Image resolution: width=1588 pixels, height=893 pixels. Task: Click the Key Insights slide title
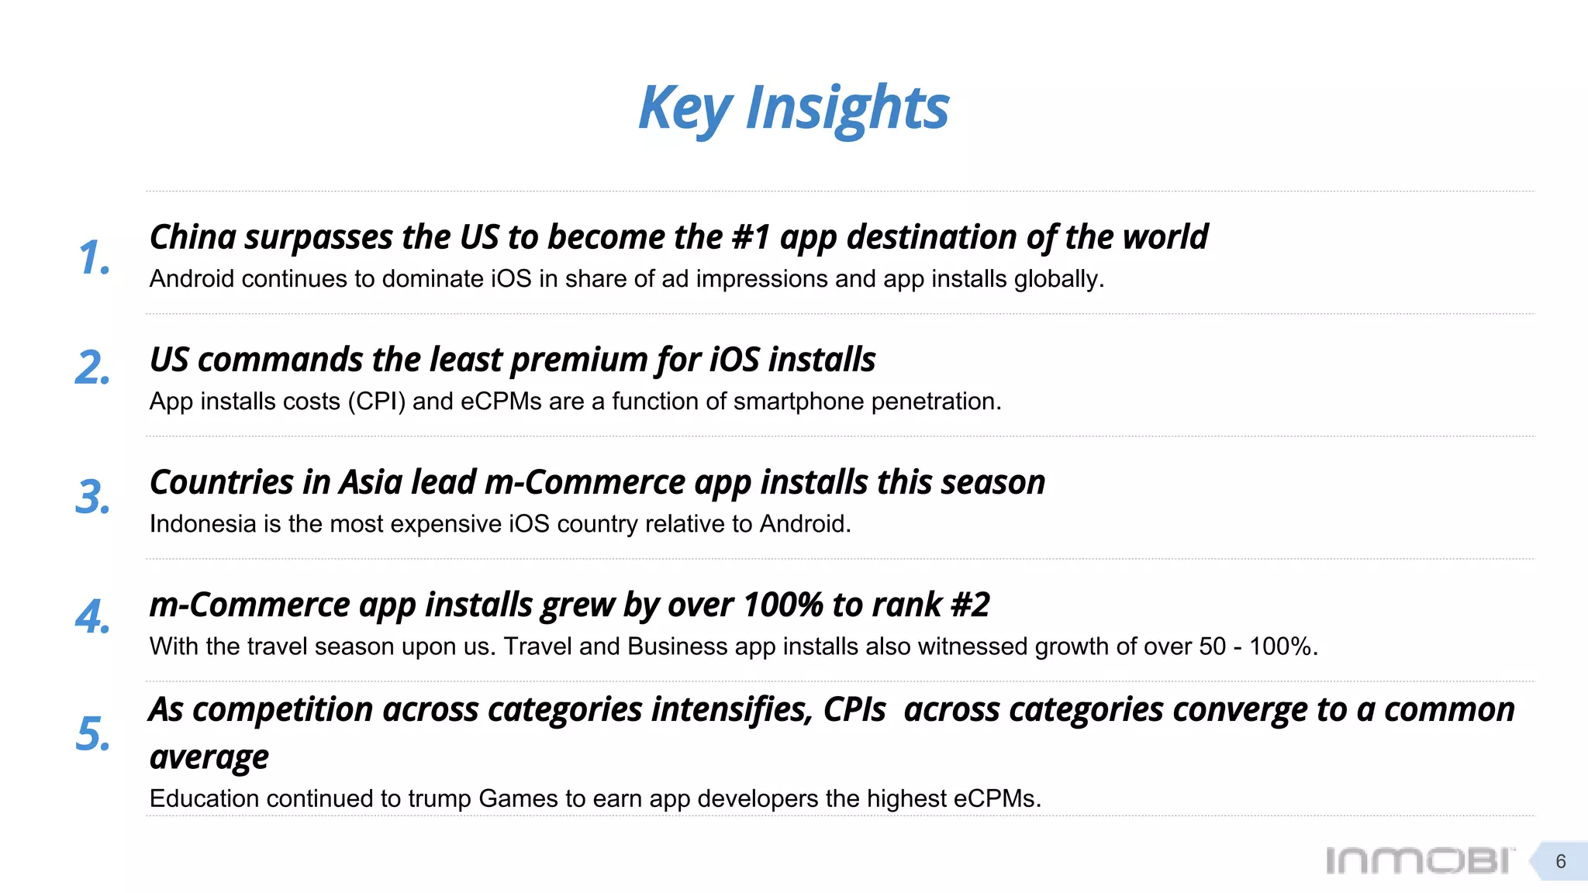click(x=793, y=108)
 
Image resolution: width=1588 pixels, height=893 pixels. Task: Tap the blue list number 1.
click(x=94, y=258)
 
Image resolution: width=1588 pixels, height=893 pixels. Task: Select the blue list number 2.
click(x=92, y=368)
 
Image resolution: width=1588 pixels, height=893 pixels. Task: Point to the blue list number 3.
click(x=92, y=497)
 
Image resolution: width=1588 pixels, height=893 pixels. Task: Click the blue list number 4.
click(x=92, y=618)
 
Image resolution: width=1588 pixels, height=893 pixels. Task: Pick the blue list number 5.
click(x=92, y=734)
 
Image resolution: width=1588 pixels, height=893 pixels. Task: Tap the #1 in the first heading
click(x=751, y=237)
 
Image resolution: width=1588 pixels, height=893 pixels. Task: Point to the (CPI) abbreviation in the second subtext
click(x=376, y=402)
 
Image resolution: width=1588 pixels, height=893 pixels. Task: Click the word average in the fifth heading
click(x=209, y=757)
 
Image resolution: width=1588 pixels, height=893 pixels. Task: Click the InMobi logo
click(x=1419, y=860)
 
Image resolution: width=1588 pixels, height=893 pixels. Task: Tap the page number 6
click(x=1560, y=861)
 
